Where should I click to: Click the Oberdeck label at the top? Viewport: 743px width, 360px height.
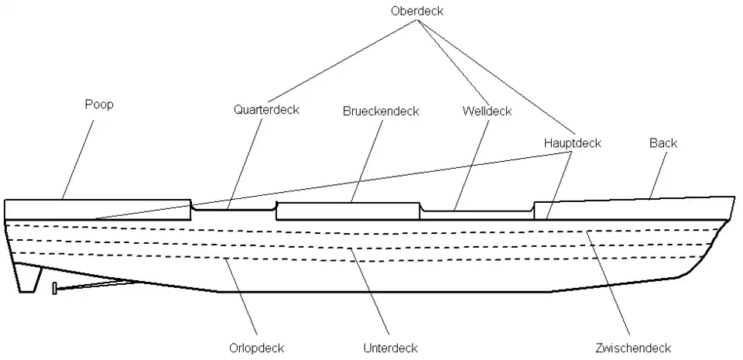417,11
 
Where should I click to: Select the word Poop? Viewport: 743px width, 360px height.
98,105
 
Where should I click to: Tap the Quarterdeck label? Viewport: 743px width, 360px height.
266,110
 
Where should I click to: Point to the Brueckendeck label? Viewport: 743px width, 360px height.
381,111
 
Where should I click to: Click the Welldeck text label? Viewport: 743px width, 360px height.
487,111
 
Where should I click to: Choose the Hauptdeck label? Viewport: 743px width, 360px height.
572,143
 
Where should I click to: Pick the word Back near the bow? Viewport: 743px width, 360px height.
663,143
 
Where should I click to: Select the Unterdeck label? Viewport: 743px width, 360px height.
390,348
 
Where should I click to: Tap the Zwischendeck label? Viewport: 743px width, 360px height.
633,348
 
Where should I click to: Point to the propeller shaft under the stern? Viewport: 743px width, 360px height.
93,287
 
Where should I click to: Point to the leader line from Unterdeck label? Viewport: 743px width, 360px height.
370,294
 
